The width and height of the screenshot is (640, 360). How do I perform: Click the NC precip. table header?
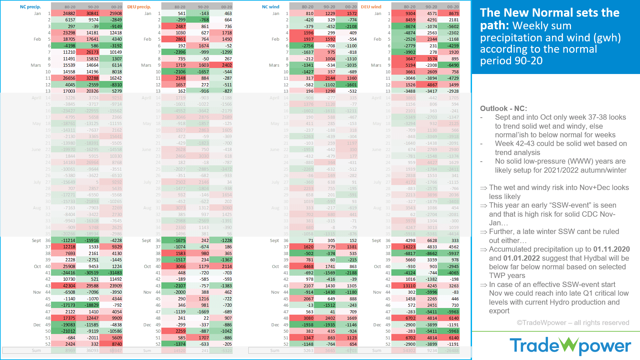click(30, 7)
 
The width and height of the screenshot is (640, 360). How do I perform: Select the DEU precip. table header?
click(139, 7)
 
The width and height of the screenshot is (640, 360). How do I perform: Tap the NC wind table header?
click(270, 7)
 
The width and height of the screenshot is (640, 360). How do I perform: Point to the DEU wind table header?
click(371, 7)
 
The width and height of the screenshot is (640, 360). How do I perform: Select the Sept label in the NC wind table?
click(274, 240)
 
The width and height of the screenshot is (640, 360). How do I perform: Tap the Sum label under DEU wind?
click(377, 350)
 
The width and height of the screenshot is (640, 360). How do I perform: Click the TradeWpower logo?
click(570, 346)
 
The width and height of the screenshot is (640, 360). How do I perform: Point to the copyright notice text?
click(573, 323)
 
